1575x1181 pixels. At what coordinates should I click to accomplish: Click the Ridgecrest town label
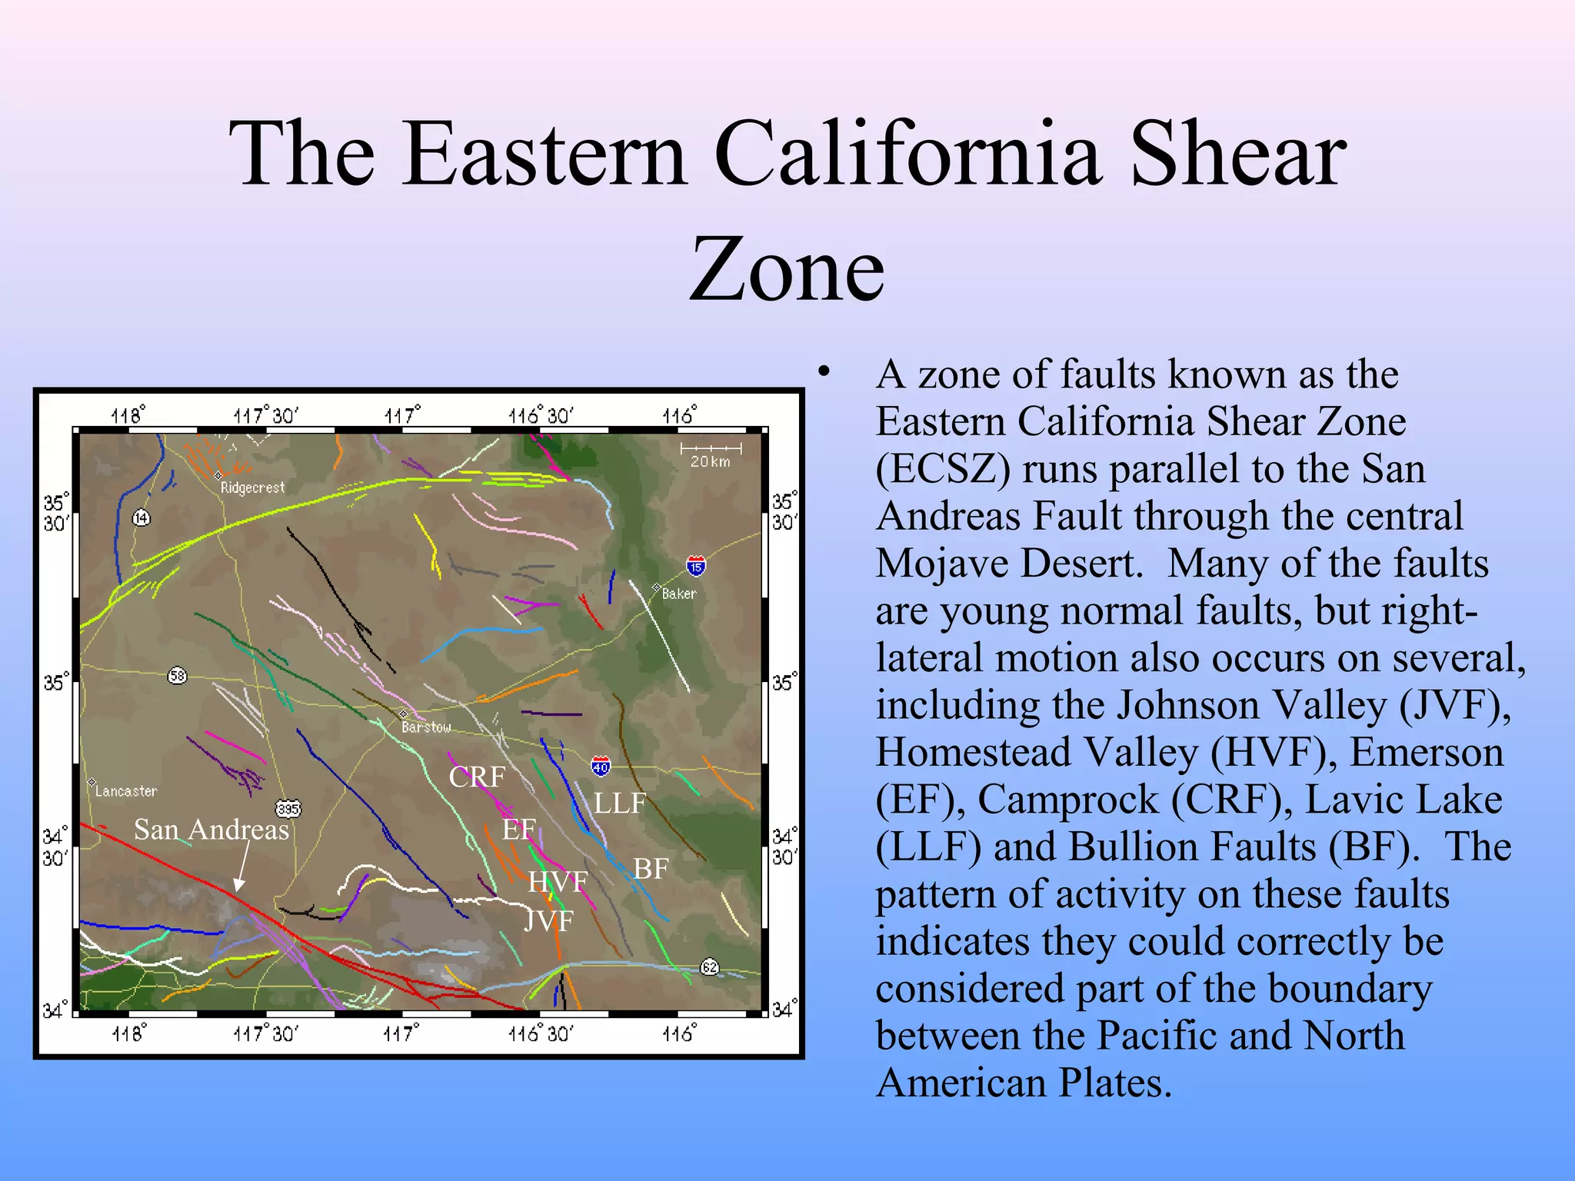251,487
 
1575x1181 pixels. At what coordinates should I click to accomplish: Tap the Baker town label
678,594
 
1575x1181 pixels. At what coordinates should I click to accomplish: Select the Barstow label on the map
425,727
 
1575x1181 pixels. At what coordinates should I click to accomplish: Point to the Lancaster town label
125,790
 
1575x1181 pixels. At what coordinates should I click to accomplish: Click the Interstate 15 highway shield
695,567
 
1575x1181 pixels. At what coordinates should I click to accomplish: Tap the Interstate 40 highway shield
601,766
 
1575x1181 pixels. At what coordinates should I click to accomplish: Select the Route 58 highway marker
177,676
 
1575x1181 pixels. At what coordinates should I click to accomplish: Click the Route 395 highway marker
288,809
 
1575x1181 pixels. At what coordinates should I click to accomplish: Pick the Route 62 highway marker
709,967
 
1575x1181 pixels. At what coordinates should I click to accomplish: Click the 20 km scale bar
711,454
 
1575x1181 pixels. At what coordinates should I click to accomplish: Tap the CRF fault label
477,777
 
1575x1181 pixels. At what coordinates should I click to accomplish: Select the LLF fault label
619,803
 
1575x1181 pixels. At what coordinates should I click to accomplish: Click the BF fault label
651,869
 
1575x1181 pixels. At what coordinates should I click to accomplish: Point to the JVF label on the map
548,920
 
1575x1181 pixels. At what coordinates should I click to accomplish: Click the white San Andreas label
211,829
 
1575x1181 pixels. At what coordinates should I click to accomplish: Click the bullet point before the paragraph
824,372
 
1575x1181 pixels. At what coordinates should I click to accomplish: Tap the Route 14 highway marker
141,517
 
